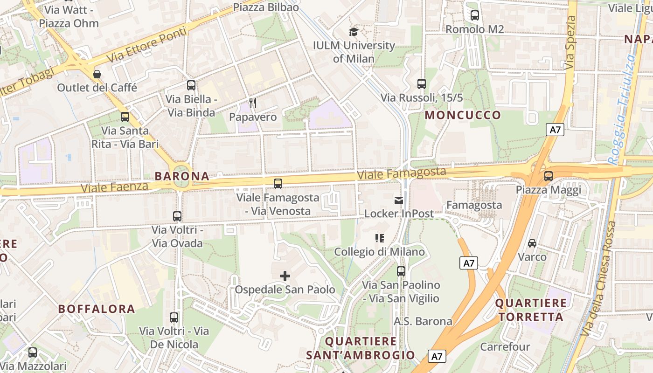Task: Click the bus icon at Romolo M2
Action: pyautogui.click(x=475, y=15)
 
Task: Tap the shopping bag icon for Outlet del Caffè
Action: pyautogui.click(x=97, y=74)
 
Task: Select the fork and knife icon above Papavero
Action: pyautogui.click(x=253, y=103)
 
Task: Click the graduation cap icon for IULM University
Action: pyautogui.click(x=354, y=32)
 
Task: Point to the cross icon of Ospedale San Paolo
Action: pyautogui.click(x=285, y=276)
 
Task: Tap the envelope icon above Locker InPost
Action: pyautogui.click(x=399, y=200)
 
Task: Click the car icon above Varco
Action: pyautogui.click(x=532, y=243)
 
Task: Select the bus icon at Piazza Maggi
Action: pyautogui.click(x=549, y=176)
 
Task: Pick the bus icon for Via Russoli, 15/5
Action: pyautogui.click(x=422, y=84)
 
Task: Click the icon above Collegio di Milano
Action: pyautogui.click(x=380, y=238)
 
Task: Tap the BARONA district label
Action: pyautogui.click(x=182, y=176)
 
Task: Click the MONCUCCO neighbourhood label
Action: pyautogui.click(x=463, y=115)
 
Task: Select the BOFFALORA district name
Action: pyautogui.click(x=97, y=309)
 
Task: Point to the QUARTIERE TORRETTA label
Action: pyautogui.click(x=531, y=310)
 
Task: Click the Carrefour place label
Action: pyautogui.click(x=505, y=347)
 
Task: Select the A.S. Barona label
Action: pyautogui.click(x=423, y=321)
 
